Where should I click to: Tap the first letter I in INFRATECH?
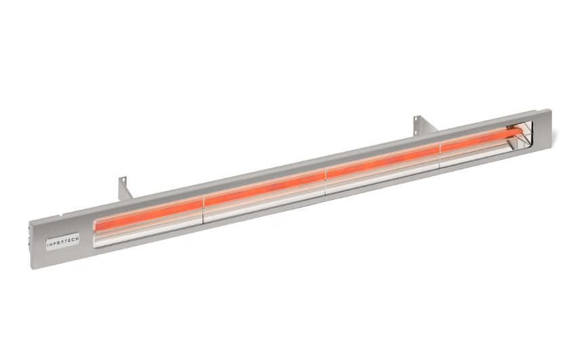pos(48,241)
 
